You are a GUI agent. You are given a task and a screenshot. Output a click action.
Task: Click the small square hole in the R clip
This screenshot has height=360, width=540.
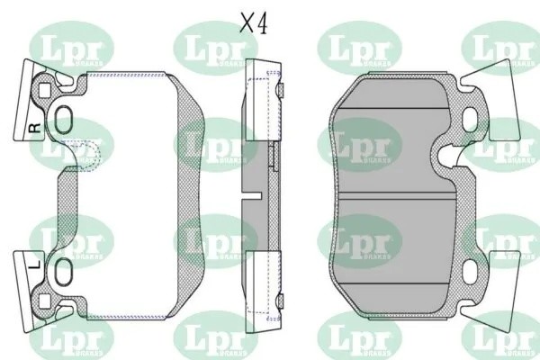click(x=44, y=88)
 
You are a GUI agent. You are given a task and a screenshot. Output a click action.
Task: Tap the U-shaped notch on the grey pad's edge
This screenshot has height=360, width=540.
click(x=445, y=158)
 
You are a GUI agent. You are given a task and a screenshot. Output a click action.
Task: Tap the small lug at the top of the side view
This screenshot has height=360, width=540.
click(x=280, y=89)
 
